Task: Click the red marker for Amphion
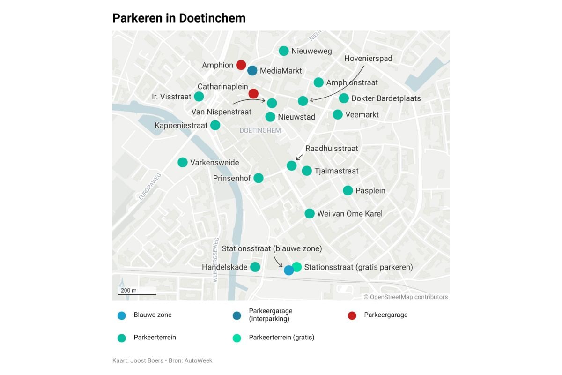(241, 65)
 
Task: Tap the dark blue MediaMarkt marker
(252, 70)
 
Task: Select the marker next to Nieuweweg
(283, 51)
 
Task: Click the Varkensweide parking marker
(183, 162)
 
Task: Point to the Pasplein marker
(348, 190)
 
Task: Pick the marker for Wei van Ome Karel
(310, 213)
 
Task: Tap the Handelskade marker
(255, 267)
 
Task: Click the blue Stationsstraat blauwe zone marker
(289, 270)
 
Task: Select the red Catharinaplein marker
(253, 93)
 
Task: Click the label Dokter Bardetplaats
(386, 98)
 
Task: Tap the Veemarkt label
(362, 114)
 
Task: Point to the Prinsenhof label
(232, 178)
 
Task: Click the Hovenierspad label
(368, 59)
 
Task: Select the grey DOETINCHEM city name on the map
(260, 130)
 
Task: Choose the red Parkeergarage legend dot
(352, 315)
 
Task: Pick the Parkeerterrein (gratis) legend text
(281, 337)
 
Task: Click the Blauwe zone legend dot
(122, 315)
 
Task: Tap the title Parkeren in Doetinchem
(179, 18)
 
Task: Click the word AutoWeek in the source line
(199, 360)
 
